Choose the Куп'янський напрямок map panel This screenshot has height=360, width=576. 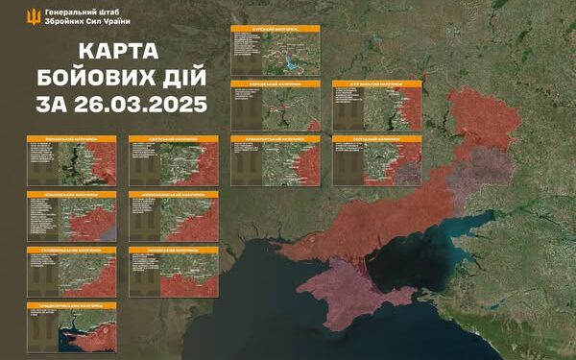click(x=376, y=105)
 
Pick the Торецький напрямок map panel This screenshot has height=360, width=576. click(x=376, y=160)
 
